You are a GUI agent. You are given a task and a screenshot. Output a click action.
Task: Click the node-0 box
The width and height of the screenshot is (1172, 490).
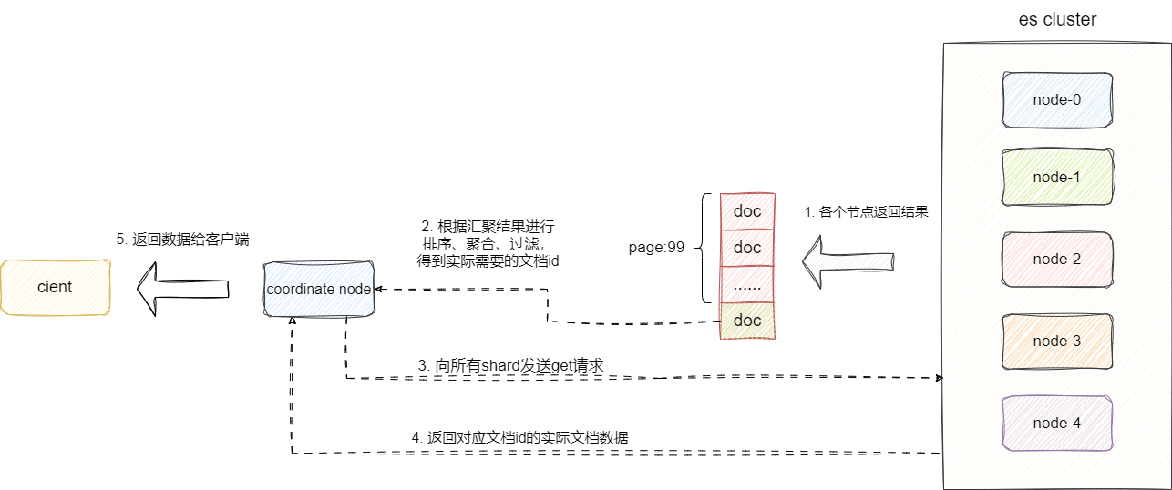pos(1057,99)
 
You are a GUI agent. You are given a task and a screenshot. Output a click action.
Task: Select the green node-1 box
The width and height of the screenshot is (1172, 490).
pos(1057,177)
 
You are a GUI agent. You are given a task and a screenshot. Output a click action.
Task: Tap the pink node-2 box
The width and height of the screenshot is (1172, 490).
pos(1057,259)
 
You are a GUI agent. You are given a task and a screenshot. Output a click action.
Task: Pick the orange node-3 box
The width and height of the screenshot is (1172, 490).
pos(1057,341)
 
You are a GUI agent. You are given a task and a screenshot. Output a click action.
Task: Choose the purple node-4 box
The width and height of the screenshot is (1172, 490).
pos(1057,423)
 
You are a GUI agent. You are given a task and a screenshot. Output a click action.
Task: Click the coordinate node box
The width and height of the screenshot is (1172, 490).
pos(319,289)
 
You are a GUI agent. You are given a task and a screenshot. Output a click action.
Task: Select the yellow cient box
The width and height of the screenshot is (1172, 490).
pos(55,287)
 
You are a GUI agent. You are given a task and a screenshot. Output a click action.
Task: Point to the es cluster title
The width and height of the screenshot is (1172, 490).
pos(1057,19)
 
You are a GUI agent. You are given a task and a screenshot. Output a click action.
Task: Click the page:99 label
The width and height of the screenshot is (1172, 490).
pos(656,247)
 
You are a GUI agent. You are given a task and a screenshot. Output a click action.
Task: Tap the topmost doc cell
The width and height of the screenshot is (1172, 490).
pos(747,211)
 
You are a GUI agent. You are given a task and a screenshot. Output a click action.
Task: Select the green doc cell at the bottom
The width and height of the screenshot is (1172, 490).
pos(747,321)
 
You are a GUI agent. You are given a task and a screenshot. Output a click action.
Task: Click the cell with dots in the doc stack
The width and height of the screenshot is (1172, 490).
pos(747,284)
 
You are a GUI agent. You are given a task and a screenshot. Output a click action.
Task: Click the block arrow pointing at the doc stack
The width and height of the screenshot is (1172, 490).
pos(848,260)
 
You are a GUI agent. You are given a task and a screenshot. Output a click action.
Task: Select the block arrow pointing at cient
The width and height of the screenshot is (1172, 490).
pos(182,288)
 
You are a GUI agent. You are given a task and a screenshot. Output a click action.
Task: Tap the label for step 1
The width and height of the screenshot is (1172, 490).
pos(866,211)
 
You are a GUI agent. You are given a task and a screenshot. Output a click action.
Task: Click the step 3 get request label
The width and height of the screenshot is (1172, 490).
pos(510,365)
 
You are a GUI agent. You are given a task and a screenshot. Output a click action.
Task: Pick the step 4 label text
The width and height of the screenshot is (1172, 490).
pos(519,438)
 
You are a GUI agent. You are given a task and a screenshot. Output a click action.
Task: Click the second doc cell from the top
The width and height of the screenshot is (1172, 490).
pos(747,248)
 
